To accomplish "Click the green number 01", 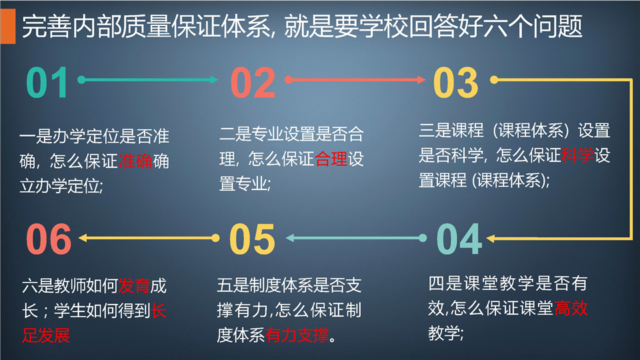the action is tap(47, 83).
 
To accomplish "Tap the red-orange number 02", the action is tap(253, 83).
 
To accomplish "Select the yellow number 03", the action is tap(455, 83).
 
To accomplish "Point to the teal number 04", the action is tap(459, 239).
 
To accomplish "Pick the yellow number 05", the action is tap(252, 239).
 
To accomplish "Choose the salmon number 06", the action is tap(49, 239).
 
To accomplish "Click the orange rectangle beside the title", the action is tap(8, 26).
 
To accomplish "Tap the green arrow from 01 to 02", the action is tap(148, 79).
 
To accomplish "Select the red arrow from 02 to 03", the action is tap(355, 79).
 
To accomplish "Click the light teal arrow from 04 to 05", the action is tap(356, 238).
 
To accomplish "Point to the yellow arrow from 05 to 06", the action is tap(149, 238).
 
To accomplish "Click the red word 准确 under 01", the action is tap(135, 161).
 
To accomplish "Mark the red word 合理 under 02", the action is tap(331, 159).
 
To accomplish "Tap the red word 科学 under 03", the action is tap(577, 155).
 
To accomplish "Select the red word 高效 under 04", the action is tap(571, 308).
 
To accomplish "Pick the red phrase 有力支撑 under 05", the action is tap(297, 335).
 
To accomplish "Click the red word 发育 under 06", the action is tap(134, 286).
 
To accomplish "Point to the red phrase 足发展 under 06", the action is tap(46, 335).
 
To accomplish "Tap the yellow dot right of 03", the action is tap(494, 79).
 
